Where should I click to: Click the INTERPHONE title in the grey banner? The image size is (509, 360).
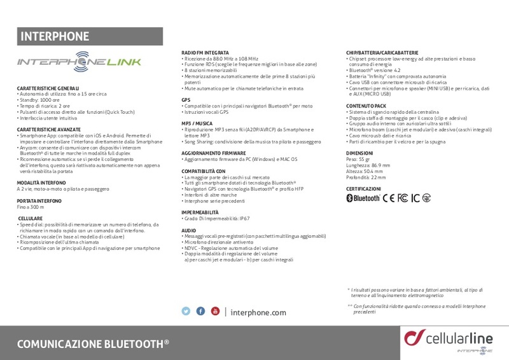tap(55, 36)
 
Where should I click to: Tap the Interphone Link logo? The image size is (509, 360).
tap(80, 62)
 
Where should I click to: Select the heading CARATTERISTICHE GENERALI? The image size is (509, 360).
tap(48, 88)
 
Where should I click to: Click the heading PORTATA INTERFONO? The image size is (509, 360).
tap(40, 200)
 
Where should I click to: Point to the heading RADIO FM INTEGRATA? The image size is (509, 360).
tap(206, 52)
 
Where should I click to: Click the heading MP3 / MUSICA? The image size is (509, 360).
tap(197, 122)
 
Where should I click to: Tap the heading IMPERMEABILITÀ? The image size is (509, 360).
tap(200, 211)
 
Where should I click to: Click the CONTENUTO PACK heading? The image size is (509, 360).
tap(366, 106)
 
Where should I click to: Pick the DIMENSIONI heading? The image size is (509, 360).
tap(359, 154)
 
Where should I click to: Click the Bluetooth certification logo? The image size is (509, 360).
tap(363, 198)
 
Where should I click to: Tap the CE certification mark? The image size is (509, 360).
tap(389, 198)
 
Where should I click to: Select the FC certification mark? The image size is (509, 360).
tap(403, 198)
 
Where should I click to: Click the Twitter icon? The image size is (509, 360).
tap(186, 311)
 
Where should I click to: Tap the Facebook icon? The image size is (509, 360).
tap(200, 311)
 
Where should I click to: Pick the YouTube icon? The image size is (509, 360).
tap(215, 311)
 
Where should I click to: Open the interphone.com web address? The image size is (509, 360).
tap(258, 312)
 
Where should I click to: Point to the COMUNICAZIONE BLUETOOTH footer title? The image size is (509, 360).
tap(93, 343)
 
